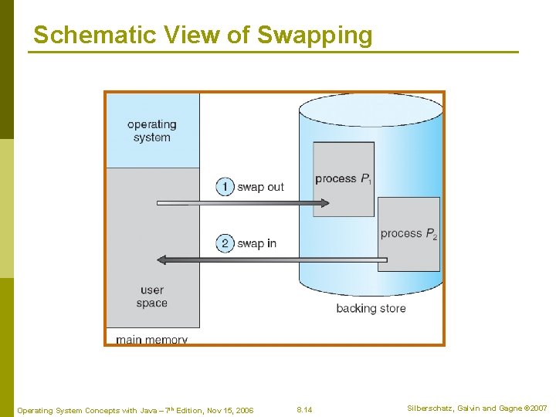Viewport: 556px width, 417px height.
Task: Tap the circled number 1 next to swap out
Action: pyautogui.click(x=225, y=186)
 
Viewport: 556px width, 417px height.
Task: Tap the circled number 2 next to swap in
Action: pyautogui.click(x=225, y=243)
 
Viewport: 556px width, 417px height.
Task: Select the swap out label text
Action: pyautogui.click(x=260, y=187)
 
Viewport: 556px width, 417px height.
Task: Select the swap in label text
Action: pyautogui.click(x=256, y=244)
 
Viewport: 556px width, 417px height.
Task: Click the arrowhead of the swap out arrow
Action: pyautogui.click(x=324, y=203)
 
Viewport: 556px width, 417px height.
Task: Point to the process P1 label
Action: pyautogui.click(x=344, y=179)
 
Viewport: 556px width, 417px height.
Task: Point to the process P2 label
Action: pyautogui.click(x=409, y=234)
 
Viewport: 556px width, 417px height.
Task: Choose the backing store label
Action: pyautogui.click(x=371, y=309)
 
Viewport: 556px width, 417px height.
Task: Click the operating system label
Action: pyautogui.click(x=152, y=131)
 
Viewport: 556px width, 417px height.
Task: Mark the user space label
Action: pyautogui.click(x=152, y=297)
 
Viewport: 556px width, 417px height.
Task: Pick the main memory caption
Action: pyautogui.click(x=151, y=340)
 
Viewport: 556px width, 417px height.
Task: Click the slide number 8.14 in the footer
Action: pyautogui.click(x=305, y=409)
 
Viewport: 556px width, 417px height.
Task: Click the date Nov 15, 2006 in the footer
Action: pyautogui.click(x=226, y=410)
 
